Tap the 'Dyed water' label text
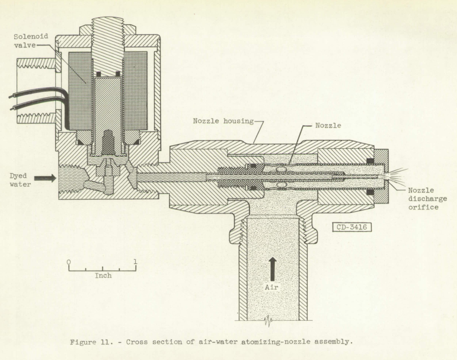[23, 180]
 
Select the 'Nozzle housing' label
[221, 120]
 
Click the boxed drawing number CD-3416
[351, 227]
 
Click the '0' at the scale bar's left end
[69, 261]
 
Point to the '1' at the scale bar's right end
[136, 261]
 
